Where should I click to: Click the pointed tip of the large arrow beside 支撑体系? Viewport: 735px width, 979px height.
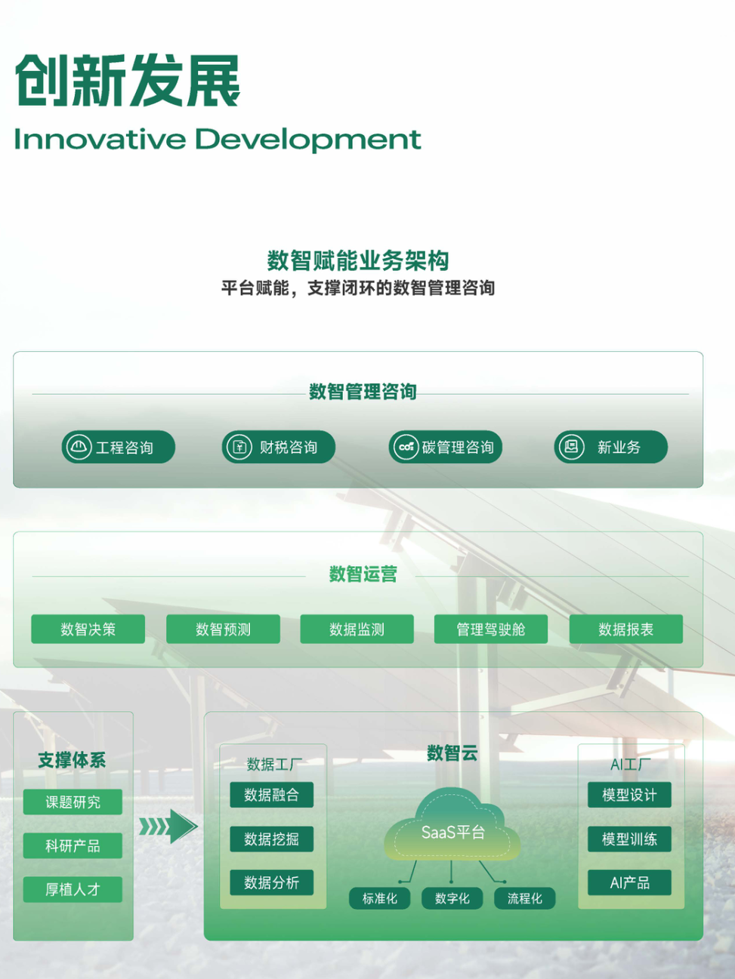pyautogui.click(x=198, y=826)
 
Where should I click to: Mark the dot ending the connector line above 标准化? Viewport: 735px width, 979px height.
pyautogui.click(x=400, y=882)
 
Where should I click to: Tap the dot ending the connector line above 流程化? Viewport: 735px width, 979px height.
pyautogui.click(x=505, y=882)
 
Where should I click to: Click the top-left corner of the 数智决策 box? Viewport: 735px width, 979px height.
pyautogui.click(x=31, y=614)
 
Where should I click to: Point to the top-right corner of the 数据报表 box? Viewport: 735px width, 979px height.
pyautogui.click(x=683, y=614)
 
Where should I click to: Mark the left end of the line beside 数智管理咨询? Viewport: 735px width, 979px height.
pyautogui.click(x=32, y=394)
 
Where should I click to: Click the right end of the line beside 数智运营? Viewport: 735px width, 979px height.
pyautogui.click(x=689, y=576)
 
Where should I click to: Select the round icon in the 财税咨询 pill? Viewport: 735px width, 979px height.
pyautogui.click(x=239, y=446)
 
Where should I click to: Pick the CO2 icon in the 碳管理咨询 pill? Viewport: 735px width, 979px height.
pyautogui.click(x=406, y=446)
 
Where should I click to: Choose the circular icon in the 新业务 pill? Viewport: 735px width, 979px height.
pyautogui.click(x=571, y=446)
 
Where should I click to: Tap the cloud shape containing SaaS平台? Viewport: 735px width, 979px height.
pyautogui.click(x=452, y=826)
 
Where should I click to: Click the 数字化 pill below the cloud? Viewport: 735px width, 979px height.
pyautogui.click(x=452, y=898)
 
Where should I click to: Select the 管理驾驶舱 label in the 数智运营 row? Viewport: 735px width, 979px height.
pyautogui.click(x=491, y=630)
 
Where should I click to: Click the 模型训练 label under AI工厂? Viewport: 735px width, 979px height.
pyautogui.click(x=629, y=839)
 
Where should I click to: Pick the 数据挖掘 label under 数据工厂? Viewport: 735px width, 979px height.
pyautogui.click(x=271, y=839)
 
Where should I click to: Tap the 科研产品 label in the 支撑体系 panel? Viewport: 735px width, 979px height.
pyautogui.click(x=73, y=845)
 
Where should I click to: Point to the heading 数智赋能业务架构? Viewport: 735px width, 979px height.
pyautogui.click(x=358, y=260)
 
